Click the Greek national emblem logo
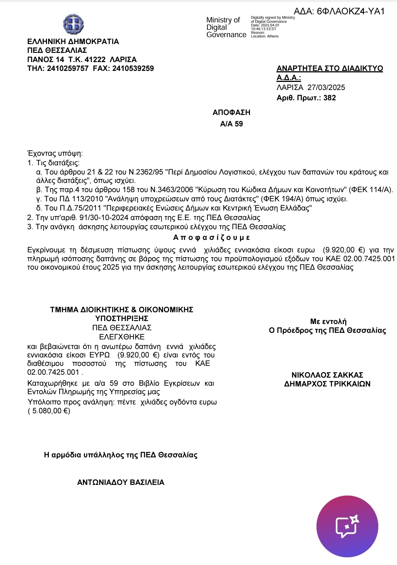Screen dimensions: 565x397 74,24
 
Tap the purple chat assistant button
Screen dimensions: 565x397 347,526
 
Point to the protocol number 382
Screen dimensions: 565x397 330,98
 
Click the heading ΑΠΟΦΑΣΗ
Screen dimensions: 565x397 231,112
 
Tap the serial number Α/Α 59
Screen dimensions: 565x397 231,124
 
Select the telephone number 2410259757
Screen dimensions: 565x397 68,68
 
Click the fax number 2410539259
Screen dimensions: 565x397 133,68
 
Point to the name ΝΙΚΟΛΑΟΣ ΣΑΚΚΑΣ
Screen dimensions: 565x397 327,375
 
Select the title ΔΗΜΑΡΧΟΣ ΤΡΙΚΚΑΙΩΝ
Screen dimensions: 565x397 327,384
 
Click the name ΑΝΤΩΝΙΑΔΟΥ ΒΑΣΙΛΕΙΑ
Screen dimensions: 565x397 121,482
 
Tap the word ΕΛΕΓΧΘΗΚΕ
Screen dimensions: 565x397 122,337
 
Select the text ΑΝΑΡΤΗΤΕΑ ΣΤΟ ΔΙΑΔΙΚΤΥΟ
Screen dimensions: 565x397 330,69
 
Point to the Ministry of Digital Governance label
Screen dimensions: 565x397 226,28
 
